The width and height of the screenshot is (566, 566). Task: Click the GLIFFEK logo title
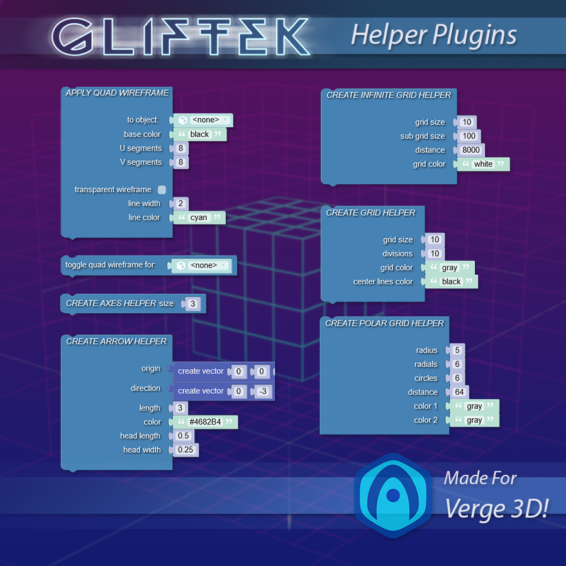[181, 37]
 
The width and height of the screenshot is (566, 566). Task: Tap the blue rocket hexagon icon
[393, 496]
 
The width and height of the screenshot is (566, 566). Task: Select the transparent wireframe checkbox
[162, 189]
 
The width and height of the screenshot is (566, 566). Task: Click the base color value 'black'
[199, 134]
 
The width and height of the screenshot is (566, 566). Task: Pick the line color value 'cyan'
[199, 218]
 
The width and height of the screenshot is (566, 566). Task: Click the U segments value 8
[180, 148]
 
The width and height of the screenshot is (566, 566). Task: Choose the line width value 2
[180, 203]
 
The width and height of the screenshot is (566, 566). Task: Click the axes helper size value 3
[193, 304]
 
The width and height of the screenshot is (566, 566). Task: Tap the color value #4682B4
[205, 422]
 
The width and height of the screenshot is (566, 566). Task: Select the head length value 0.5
[183, 436]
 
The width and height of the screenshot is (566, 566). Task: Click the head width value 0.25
[186, 450]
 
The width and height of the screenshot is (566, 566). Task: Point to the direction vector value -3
[263, 391]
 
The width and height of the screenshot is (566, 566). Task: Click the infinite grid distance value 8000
[471, 150]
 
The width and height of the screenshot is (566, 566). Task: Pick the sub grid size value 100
[469, 136]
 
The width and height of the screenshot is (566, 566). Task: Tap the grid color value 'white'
[483, 164]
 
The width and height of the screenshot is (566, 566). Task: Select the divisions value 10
[434, 253]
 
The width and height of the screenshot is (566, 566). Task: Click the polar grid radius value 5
[457, 350]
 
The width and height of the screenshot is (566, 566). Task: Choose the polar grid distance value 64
[459, 392]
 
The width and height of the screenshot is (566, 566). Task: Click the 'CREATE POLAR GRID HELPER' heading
[384, 323]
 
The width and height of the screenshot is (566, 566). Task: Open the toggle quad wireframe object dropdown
[203, 265]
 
